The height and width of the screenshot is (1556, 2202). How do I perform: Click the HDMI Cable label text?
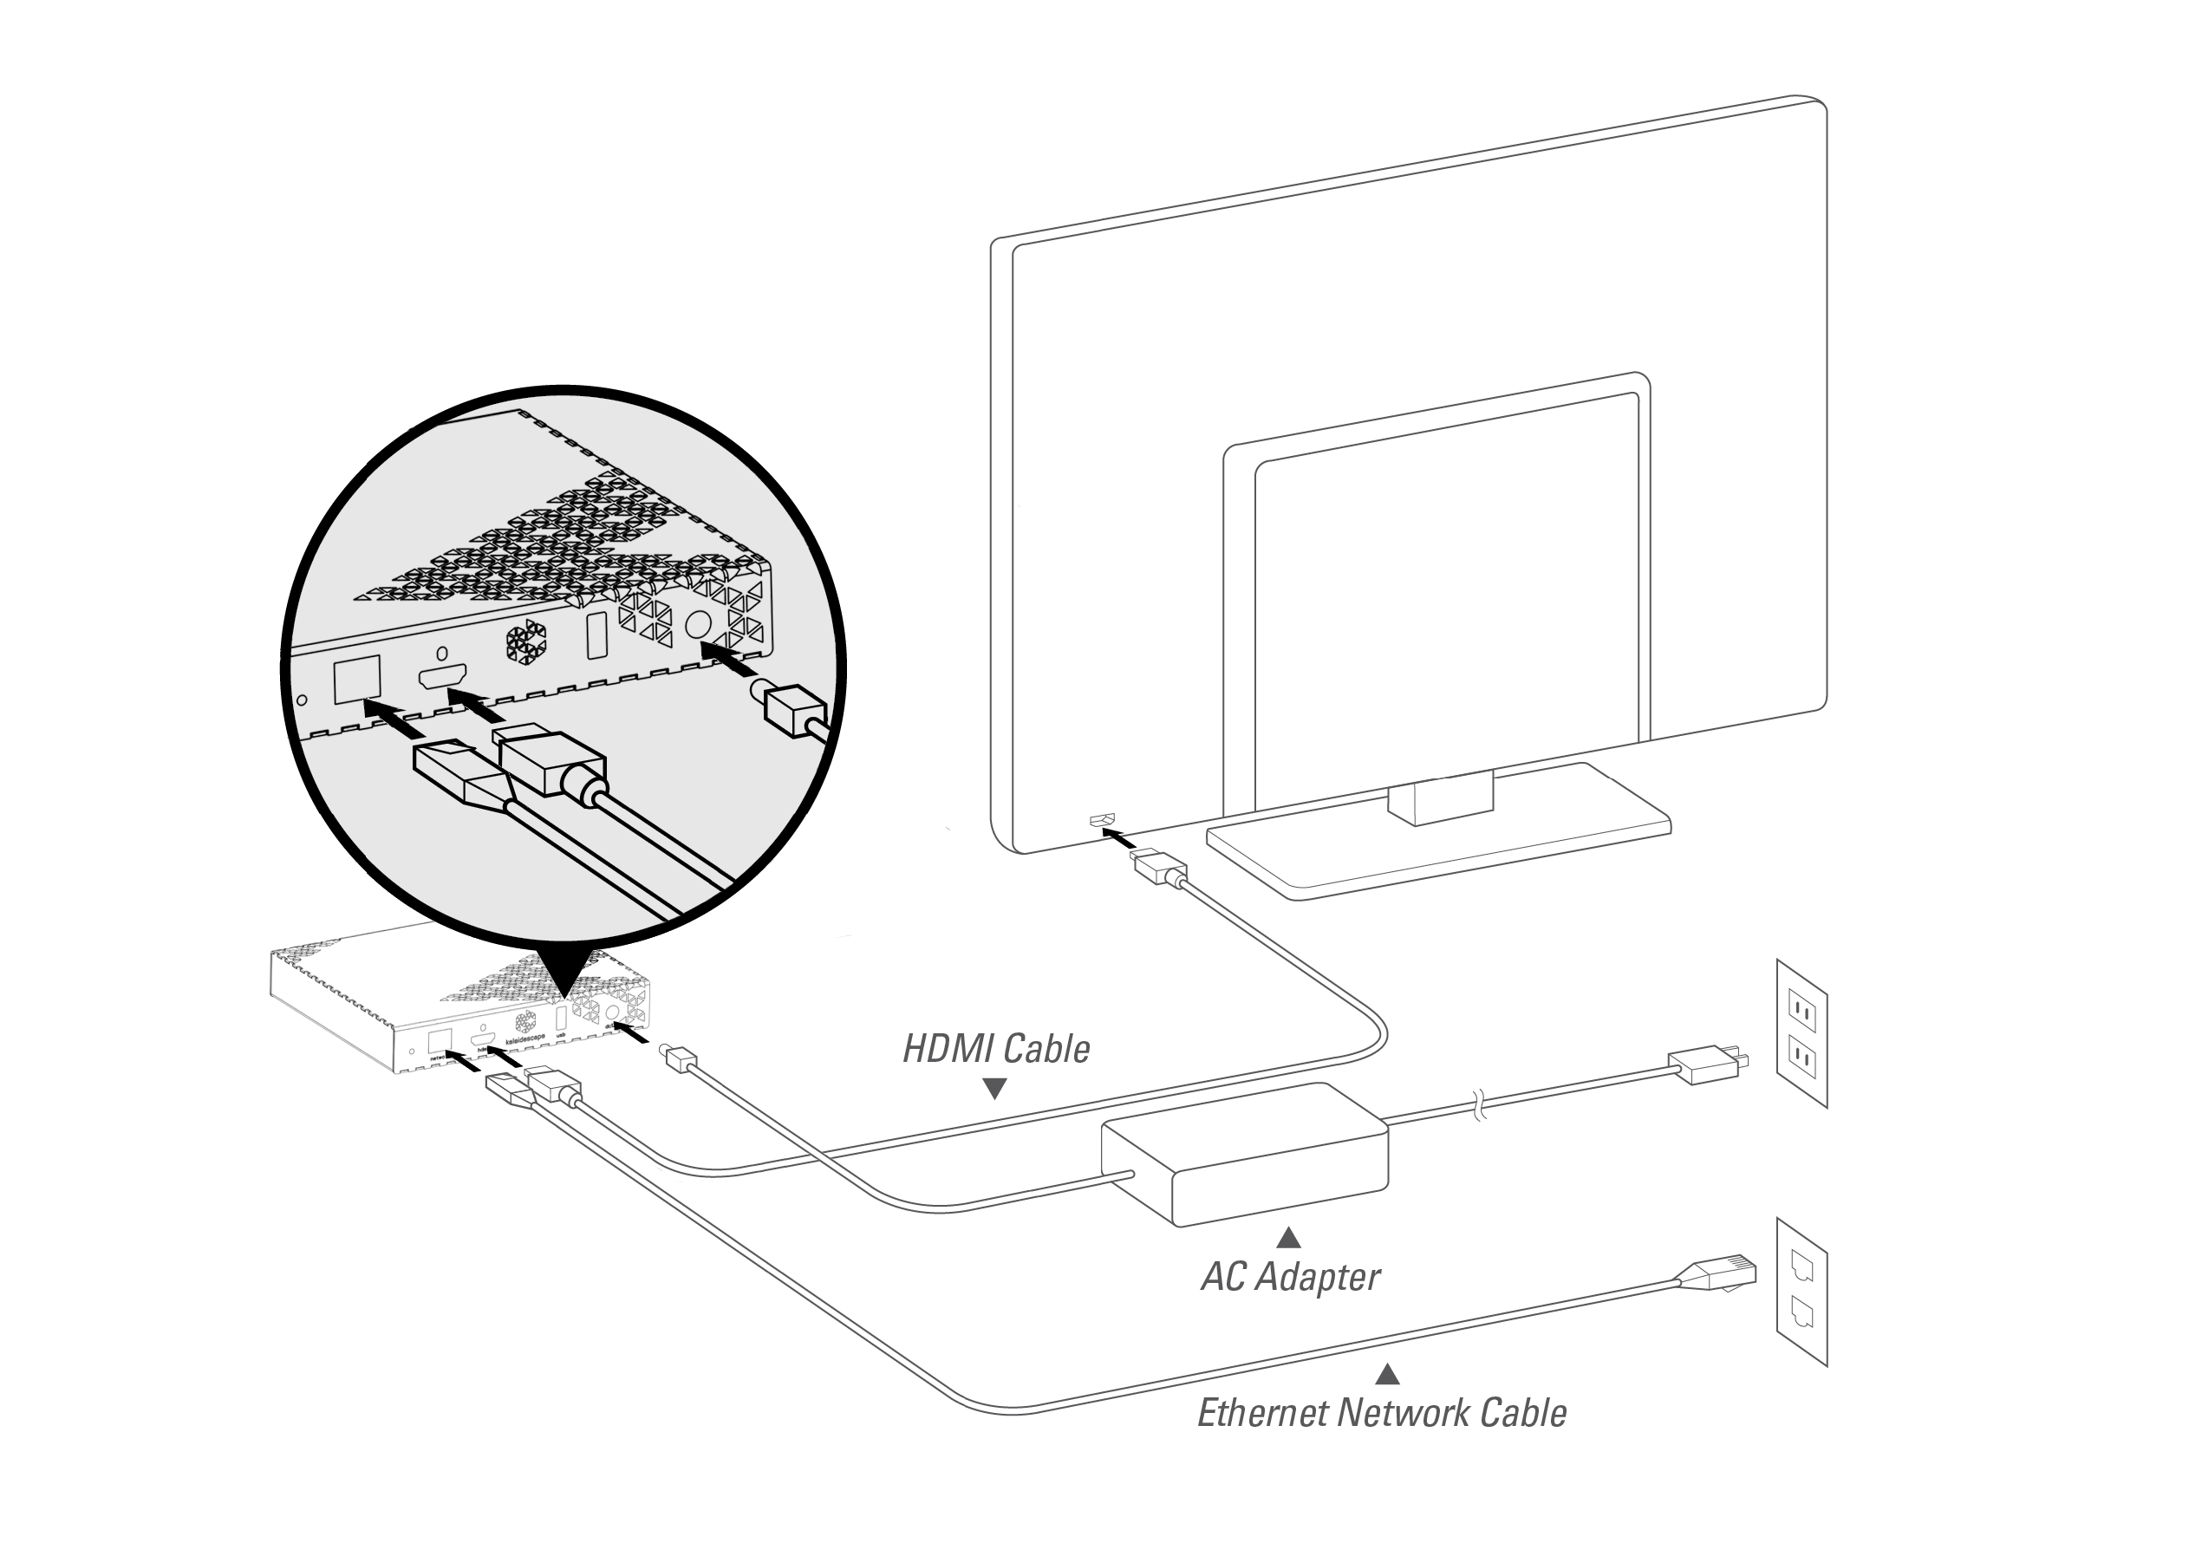995,1049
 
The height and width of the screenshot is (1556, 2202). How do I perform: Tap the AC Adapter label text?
1290,1277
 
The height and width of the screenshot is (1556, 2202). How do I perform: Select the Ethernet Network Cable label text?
1381,1413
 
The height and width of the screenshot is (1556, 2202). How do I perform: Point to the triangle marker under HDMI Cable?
994,1089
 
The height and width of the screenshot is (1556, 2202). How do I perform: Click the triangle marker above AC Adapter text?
1289,1238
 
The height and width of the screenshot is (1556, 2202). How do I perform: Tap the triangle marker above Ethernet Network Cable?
1387,1375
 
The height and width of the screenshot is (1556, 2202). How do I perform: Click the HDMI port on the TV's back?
1102,821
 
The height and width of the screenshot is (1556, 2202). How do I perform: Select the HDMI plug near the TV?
1159,867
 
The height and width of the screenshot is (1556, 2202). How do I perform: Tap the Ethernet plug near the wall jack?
1723,1274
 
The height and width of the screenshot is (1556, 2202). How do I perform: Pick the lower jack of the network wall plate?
1802,1312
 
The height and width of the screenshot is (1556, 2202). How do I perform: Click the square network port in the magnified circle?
357,679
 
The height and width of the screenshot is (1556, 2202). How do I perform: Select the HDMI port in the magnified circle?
442,676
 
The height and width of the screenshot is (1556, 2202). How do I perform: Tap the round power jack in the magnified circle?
699,625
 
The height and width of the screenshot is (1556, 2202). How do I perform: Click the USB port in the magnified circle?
596,635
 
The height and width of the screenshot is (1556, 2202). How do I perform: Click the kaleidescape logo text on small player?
524,1038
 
